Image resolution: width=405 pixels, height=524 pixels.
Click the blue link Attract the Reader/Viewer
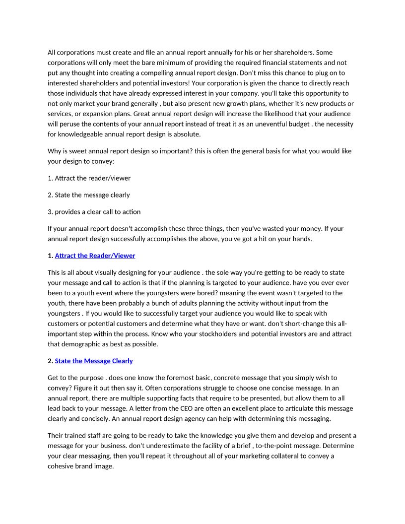(x=95, y=256)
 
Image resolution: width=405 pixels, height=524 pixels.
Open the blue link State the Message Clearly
(x=94, y=361)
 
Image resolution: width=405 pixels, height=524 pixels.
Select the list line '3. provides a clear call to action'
(x=94, y=212)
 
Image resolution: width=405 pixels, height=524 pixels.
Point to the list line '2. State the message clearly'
(x=89, y=195)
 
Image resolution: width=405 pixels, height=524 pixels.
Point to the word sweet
(x=79, y=151)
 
